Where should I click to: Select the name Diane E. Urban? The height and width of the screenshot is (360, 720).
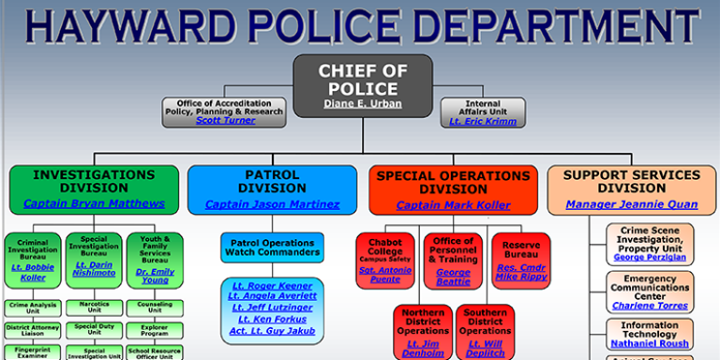click(x=362, y=103)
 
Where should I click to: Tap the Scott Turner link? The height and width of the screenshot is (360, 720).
click(x=225, y=120)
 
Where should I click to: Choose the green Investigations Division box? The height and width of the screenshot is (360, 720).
click(x=93, y=188)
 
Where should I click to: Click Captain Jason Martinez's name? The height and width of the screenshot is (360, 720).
click(x=272, y=204)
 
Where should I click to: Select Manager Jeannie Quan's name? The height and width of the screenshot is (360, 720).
click(x=631, y=204)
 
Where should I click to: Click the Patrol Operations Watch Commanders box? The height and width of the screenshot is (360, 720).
click(x=272, y=247)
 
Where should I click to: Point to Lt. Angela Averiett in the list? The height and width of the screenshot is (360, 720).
click(x=272, y=295)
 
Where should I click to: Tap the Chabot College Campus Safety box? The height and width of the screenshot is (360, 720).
click(x=385, y=260)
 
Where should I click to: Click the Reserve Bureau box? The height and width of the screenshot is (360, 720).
click(x=521, y=260)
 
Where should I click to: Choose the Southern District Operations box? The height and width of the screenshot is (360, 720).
click(x=486, y=332)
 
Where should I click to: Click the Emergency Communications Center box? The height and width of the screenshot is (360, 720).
click(x=649, y=291)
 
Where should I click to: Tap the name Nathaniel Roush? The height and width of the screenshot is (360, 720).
click(x=649, y=344)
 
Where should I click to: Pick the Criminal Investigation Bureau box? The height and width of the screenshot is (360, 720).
click(x=33, y=260)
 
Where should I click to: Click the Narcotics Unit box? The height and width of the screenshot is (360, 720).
click(x=94, y=306)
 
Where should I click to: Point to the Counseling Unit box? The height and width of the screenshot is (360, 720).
click(x=155, y=306)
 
